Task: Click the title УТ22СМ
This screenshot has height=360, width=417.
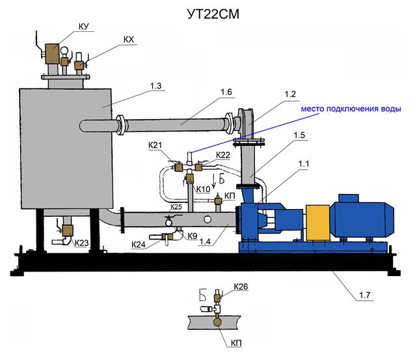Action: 213,14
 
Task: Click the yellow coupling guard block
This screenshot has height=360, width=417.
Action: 318,223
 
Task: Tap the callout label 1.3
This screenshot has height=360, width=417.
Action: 156,86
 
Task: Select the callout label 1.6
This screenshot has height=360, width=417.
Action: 226,92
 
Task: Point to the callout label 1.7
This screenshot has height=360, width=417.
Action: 364,295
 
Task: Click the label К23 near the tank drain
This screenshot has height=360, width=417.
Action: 81,243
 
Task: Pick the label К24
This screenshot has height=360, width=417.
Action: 139,245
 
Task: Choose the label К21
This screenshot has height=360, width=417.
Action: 155,145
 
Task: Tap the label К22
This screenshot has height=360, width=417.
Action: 223,155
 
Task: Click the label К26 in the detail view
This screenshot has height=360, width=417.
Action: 241,286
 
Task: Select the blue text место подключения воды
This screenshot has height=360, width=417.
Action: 351,109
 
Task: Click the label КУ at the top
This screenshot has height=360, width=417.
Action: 84,27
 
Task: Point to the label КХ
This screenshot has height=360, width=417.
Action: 129,40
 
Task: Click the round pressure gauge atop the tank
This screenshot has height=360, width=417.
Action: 64,51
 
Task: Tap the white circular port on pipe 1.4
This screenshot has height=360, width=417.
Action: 207,219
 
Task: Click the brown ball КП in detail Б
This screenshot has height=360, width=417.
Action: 217,322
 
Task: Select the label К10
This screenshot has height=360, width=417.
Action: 203,189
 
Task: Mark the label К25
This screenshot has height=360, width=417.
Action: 176,206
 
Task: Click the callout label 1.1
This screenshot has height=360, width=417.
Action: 303,164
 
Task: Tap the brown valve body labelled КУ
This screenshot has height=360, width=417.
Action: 52,54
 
